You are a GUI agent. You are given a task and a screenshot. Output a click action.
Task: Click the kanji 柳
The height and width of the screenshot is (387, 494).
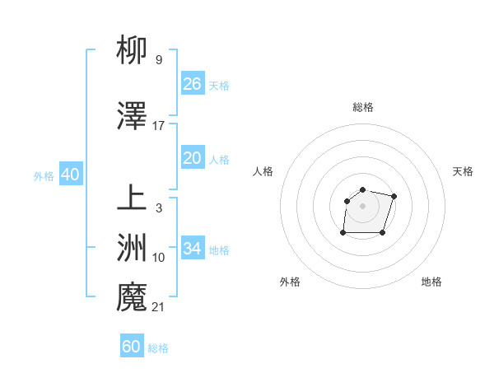[x=132, y=51]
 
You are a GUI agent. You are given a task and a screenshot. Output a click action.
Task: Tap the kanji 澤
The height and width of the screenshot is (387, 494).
[x=132, y=118]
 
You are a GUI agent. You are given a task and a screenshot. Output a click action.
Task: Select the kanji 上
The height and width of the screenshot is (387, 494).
[x=132, y=200]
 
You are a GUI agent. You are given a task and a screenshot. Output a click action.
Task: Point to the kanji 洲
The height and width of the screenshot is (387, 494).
[x=132, y=248]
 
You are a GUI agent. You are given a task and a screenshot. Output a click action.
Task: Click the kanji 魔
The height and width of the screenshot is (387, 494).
[x=132, y=297]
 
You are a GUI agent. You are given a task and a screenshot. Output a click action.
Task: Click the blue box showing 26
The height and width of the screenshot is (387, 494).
[x=192, y=84]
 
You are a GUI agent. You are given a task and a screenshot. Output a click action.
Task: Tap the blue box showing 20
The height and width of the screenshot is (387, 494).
[x=192, y=158]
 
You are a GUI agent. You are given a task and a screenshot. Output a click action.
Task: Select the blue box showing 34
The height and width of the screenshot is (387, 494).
[x=192, y=249]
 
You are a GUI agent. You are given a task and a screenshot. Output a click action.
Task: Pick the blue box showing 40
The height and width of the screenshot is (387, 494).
[x=70, y=175]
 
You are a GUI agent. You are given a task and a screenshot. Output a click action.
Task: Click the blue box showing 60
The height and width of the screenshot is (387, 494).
[x=132, y=347]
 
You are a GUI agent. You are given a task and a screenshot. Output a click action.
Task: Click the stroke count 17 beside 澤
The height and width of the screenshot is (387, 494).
[x=159, y=126]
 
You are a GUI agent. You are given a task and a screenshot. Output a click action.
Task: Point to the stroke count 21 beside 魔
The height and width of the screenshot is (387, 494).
[x=159, y=307]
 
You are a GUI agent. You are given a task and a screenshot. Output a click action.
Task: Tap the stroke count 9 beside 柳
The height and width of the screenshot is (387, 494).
[x=159, y=59]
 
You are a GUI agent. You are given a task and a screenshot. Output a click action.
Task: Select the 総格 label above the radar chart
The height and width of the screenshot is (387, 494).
[x=363, y=107]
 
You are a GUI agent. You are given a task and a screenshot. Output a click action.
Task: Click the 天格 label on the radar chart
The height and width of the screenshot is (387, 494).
[x=463, y=171]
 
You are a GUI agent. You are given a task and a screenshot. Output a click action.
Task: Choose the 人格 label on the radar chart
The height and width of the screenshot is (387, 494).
[x=263, y=171]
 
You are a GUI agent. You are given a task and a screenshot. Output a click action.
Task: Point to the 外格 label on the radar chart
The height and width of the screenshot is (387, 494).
[x=290, y=282]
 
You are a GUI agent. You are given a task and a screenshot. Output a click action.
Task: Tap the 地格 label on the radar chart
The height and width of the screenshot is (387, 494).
[x=431, y=282]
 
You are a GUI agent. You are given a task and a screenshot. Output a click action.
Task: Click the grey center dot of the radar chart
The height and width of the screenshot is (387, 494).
[x=363, y=205]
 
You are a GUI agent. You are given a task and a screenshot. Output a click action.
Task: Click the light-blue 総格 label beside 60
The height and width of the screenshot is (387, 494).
[x=158, y=348]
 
